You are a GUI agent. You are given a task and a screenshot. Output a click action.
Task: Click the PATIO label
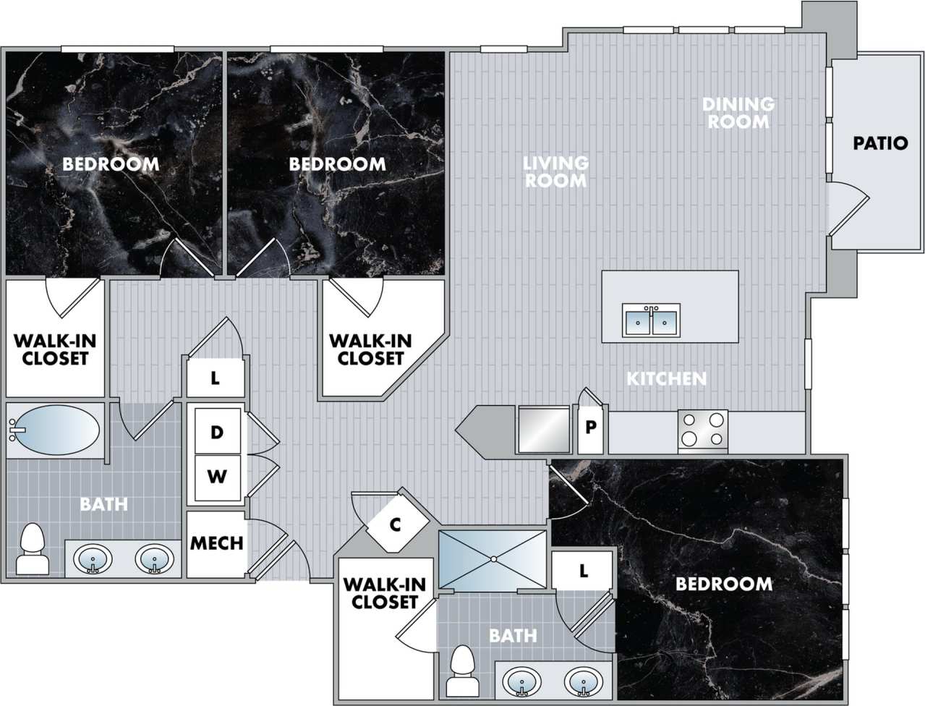pos(879,143)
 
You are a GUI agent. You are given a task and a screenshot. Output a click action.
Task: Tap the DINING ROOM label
pos(738,114)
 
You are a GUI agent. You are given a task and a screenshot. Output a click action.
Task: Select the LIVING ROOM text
pos(555,171)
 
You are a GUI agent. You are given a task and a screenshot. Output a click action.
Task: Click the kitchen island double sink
pos(651,320)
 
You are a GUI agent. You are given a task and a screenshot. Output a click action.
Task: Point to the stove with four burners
pos(702,429)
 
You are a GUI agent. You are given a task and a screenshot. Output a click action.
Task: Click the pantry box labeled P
pos(591,427)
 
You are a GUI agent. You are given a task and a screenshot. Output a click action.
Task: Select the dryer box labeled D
pos(216,433)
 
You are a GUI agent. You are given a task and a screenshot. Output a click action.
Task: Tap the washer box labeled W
pos(216,477)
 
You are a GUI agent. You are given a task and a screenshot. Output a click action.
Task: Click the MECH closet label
pos(216,543)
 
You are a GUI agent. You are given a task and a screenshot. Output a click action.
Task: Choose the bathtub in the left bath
pos(55,430)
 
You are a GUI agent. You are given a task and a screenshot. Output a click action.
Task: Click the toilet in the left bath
pos(32,550)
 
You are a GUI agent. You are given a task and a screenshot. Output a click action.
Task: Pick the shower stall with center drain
pos(493,559)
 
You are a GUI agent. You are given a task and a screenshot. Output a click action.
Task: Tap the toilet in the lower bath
pos(461,672)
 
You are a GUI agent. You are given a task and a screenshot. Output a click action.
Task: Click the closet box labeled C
pos(395,524)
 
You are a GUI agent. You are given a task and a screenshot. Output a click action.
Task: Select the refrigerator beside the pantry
pos(544,430)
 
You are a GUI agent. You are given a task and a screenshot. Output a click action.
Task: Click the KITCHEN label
pos(665,378)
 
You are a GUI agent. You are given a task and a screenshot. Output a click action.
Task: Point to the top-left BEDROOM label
pos(111,163)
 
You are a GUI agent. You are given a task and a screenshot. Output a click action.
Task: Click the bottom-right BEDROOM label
pos(723,584)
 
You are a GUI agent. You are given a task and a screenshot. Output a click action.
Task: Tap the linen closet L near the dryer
pos(215,378)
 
